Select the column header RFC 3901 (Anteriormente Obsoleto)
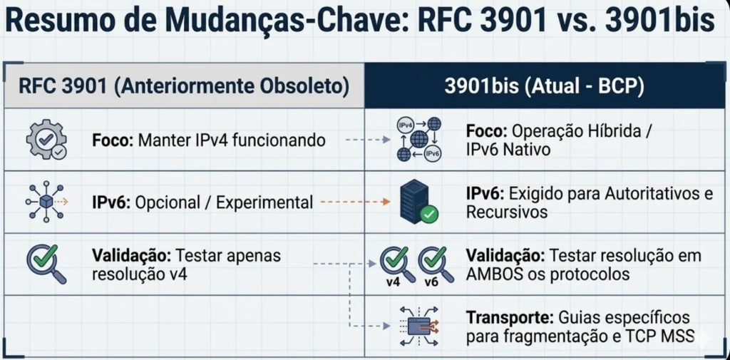pyautogui.click(x=184, y=87)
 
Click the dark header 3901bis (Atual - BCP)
pyautogui.click(x=544, y=87)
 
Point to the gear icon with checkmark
pyautogui.click(x=46, y=139)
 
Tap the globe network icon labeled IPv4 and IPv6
pyautogui.click(x=419, y=139)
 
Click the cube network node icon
pyautogui.click(x=46, y=202)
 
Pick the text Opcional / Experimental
pyautogui.click(x=222, y=202)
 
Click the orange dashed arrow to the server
pyautogui.click(x=355, y=202)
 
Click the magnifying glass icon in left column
pyautogui.click(x=46, y=263)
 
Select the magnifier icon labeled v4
pyautogui.click(x=397, y=264)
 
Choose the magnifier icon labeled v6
pyautogui.click(x=436, y=264)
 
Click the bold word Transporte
pyautogui.click(x=510, y=318)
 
